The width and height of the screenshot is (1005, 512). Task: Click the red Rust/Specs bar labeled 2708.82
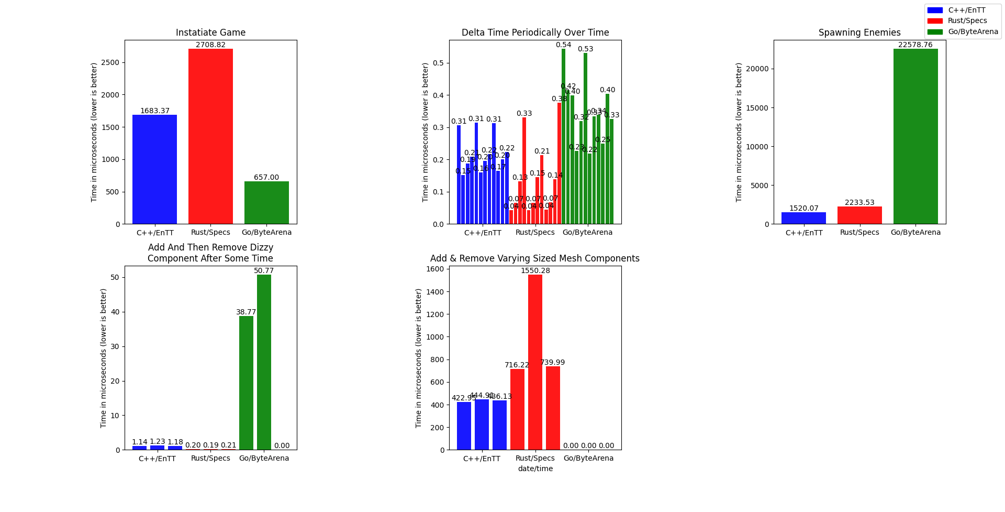point(210,136)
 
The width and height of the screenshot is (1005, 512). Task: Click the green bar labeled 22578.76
point(915,136)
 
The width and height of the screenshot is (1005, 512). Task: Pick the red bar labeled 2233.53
point(859,215)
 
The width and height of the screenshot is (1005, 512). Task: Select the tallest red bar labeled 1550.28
point(535,362)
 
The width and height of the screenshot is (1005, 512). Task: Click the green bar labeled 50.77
point(264,362)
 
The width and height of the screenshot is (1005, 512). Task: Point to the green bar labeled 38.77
point(246,383)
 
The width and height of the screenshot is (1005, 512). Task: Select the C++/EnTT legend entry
point(966,10)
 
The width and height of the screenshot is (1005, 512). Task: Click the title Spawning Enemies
point(859,32)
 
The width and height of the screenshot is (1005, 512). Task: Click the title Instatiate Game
point(210,32)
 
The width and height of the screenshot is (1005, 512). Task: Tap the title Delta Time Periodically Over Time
point(535,32)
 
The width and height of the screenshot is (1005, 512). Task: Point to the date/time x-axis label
point(535,469)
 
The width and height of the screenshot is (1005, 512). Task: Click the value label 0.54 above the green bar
point(563,45)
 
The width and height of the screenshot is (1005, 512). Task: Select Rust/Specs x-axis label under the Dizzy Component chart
point(210,458)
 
